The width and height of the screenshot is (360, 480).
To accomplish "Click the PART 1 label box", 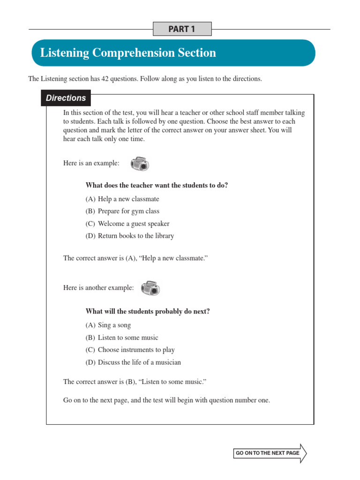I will pyautogui.click(x=182, y=29).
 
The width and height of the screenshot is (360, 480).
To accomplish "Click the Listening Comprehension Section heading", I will pyautogui.click(x=128, y=53).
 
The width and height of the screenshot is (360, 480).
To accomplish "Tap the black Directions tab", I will pyautogui.click(x=66, y=98).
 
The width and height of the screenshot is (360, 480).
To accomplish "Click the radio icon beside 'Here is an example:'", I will pyautogui.click(x=140, y=164).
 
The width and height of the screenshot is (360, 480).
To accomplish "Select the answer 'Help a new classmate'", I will pyautogui.click(x=122, y=199).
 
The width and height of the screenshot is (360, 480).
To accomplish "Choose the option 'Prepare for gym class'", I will pyautogui.click(x=122, y=211).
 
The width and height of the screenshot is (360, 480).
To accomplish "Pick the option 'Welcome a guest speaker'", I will pyautogui.click(x=127, y=224).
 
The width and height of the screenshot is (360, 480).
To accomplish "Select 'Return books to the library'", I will pyautogui.click(x=129, y=236).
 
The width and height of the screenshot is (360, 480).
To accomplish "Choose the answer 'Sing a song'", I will pyautogui.click(x=108, y=325).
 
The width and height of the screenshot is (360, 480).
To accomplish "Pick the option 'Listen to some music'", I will pyautogui.click(x=122, y=337).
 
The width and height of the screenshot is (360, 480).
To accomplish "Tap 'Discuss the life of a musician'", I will pyautogui.click(x=133, y=362).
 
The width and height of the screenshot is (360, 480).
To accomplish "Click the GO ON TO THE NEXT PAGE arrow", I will pyautogui.click(x=270, y=453).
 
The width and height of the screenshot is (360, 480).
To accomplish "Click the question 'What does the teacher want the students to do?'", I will pyautogui.click(x=157, y=185).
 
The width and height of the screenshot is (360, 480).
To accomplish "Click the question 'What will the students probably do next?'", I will pyautogui.click(x=148, y=312).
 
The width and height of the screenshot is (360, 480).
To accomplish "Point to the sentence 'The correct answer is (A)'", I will pyautogui.click(x=135, y=258).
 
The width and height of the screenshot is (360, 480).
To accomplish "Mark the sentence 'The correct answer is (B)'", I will pyautogui.click(x=135, y=382).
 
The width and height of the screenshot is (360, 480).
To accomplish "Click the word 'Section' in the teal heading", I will pyautogui.click(x=196, y=53).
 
